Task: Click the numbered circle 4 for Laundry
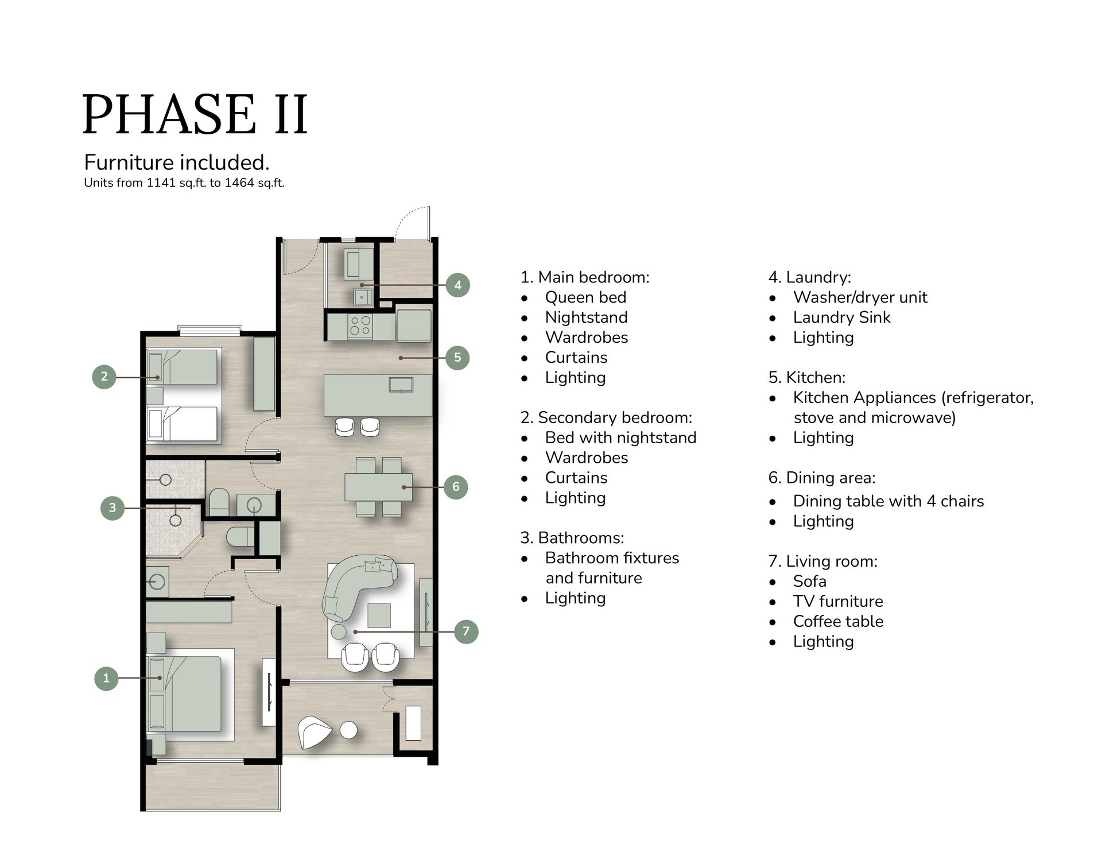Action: pyautogui.click(x=457, y=285)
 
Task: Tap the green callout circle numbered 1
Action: pyautogui.click(x=106, y=678)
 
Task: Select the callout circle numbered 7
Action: pyautogui.click(x=466, y=632)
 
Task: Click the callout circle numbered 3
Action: pyautogui.click(x=112, y=508)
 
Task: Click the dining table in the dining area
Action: pyautogui.click(x=378, y=487)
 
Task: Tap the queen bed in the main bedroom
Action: pyautogui.click(x=184, y=694)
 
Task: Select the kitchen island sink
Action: pyautogui.click(x=401, y=384)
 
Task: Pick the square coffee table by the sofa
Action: pyautogui.click(x=379, y=615)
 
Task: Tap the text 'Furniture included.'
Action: pyautogui.click(x=177, y=162)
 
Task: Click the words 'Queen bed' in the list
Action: pyautogui.click(x=585, y=297)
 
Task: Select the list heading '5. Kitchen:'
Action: pyautogui.click(x=806, y=377)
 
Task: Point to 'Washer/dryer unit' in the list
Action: pyautogui.click(x=860, y=297)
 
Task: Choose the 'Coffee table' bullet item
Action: pyautogui.click(x=838, y=621)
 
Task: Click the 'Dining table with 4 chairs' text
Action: pyautogui.click(x=888, y=501)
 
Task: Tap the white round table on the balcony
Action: pyautogui.click(x=348, y=730)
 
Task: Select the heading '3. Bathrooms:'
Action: pyautogui.click(x=572, y=538)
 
